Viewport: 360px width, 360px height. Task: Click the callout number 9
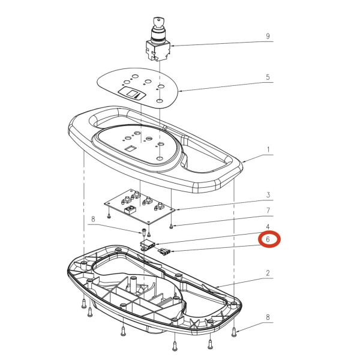268,36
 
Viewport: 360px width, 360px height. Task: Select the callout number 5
268,77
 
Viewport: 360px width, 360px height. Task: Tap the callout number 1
268,149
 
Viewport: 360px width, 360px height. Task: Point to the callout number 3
268,195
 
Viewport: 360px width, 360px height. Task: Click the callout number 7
268,210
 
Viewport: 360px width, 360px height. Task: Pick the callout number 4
268,227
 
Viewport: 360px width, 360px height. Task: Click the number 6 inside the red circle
268,239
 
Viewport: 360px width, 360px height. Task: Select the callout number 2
268,273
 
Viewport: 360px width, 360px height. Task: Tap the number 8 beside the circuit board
93,219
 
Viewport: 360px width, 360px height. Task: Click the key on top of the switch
158,22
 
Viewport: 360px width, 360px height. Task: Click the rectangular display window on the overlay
132,94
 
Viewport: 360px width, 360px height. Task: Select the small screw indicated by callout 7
171,227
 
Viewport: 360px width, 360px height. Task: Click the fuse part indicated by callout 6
164,251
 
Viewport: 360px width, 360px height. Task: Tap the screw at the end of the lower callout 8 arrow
234,332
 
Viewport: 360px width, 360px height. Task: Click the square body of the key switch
158,50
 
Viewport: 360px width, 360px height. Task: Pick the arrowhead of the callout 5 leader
180,91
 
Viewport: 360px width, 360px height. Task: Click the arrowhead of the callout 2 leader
218,286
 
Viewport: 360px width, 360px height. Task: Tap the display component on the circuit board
129,209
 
